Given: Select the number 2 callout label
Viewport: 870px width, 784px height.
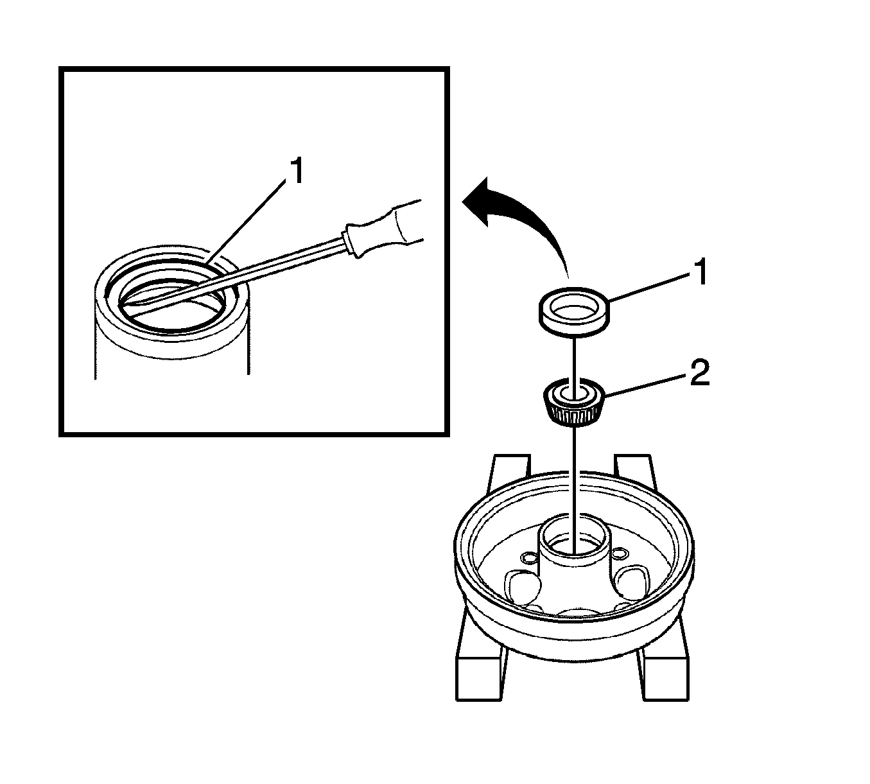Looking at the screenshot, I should coord(699,374).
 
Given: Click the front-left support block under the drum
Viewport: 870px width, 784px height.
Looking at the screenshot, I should coord(478,674).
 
